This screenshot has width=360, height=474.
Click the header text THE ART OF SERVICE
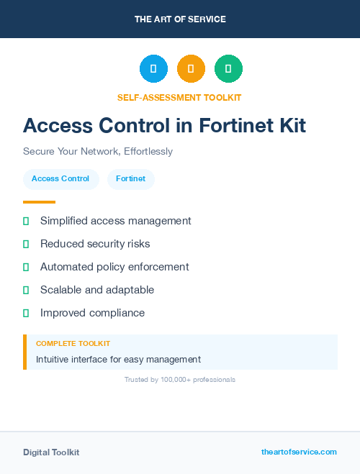(x=180, y=19)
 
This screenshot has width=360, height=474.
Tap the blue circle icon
(x=153, y=68)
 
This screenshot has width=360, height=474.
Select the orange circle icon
(x=191, y=68)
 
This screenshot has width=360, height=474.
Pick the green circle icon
(x=228, y=68)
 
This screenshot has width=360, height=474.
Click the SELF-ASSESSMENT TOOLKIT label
(x=179, y=97)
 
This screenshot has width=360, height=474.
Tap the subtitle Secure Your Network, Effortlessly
(x=98, y=152)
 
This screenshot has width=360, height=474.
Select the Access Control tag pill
(x=60, y=178)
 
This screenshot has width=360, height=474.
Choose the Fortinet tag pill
(x=130, y=178)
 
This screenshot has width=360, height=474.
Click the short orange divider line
(x=39, y=202)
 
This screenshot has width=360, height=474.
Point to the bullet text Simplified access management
(x=115, y=221)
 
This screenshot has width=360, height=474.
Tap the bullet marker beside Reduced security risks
(x=26, y=244)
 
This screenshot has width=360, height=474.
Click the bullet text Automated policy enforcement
(x=114, y=267)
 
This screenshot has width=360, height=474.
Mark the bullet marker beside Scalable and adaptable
(x=26, y=290)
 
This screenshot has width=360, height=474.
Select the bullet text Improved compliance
(x=92, y=313)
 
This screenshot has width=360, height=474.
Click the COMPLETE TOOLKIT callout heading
(x=73, y=344)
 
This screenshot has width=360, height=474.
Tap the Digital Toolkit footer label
(x=51, y=452)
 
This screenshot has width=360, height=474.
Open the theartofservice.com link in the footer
(x=299, y=452)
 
